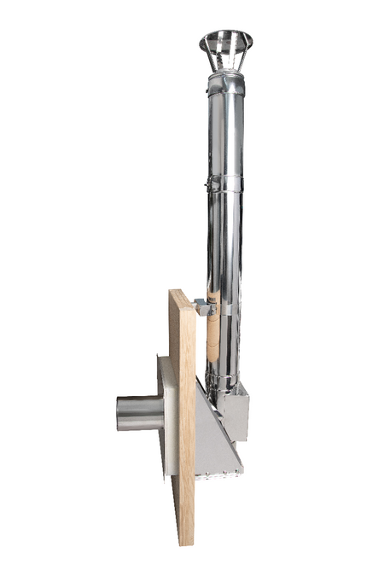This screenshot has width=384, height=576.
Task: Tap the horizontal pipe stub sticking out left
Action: pos(141,413)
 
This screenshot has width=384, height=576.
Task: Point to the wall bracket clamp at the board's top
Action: pos(202,306)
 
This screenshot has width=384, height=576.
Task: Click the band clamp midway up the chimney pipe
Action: pos(224,183)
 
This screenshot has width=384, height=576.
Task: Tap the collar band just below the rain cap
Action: pos(226,84)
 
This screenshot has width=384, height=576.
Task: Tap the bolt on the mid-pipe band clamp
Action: pos(207,184)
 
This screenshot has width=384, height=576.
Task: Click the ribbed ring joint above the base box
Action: pos(224,379)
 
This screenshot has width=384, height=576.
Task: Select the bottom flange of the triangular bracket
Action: pos(220,470)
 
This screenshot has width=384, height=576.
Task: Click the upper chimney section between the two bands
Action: pos(226,132)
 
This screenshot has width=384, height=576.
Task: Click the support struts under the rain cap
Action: pos(225,60)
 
